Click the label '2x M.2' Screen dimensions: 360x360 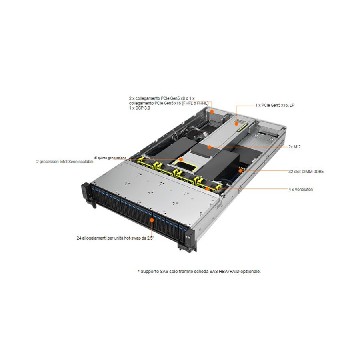coord(294,147)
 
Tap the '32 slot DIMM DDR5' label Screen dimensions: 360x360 coord(306,172)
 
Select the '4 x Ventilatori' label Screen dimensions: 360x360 coord(301,190)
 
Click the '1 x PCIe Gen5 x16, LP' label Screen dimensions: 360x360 coord(275,105)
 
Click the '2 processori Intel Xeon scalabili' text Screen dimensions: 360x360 coord(65,162)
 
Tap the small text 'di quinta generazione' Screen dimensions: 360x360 coord(110,158)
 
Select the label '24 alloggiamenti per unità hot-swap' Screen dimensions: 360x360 coord(112,238)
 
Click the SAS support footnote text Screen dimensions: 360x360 coord(199,271)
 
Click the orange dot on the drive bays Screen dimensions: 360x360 coord(152,220)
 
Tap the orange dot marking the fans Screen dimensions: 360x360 coord(207,189)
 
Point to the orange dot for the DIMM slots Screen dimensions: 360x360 coord(240,171)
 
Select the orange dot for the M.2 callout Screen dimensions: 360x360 coord(209,147)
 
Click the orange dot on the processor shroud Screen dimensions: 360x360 coord(181,159)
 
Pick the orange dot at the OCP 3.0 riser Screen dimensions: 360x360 coord(212,112)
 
